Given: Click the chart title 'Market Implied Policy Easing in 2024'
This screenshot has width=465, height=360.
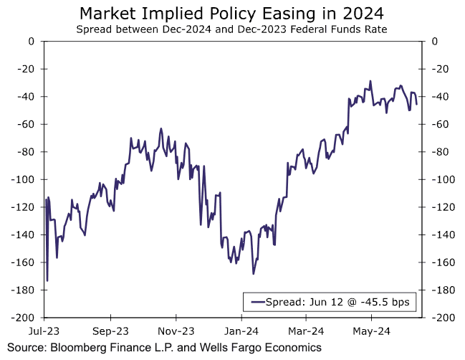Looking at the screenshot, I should [233, 13].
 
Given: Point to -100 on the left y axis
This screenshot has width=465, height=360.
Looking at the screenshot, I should [24, 179].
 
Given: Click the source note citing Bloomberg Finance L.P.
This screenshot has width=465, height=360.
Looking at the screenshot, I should [160, 348].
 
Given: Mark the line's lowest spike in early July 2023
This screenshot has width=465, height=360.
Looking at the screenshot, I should [47, 281].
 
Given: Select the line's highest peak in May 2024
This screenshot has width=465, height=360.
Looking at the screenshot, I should [370, 81].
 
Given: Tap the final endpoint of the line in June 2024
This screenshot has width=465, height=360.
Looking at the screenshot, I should [417, 104].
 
